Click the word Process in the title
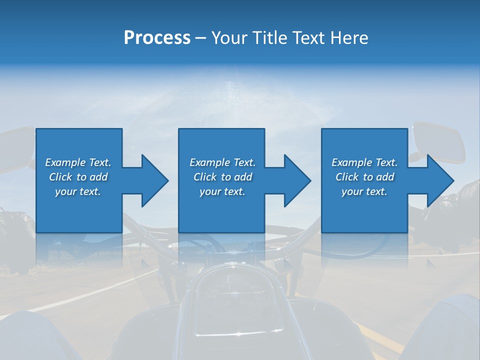click(x=157, y=38)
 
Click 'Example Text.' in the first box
click(x=78, y=162)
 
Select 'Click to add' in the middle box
click(x=222, y=177)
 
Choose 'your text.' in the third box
click(x=364, y=191)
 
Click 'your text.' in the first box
click(x=78, y=191)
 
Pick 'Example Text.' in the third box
click(x=364, y=162)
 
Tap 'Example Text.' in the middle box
click(x=222, y=162)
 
